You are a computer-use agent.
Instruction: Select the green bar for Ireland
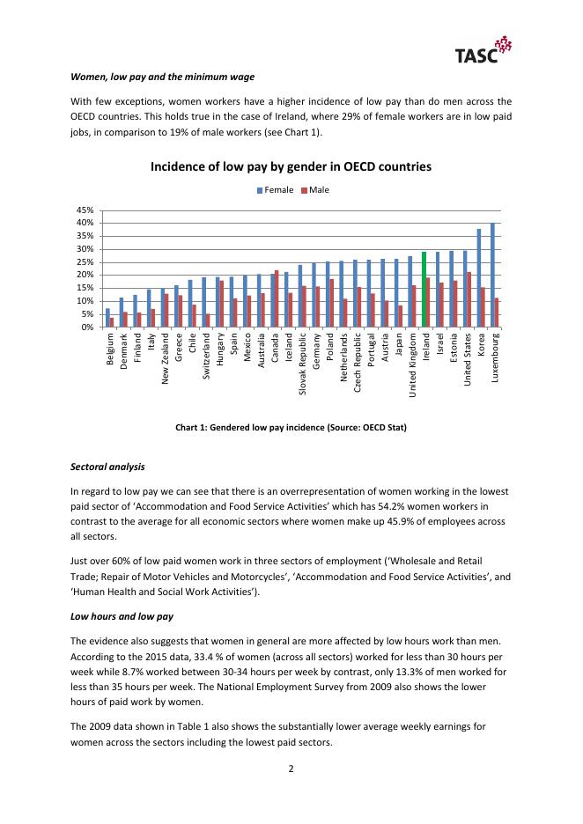pyautogui.click(x=424, y=290)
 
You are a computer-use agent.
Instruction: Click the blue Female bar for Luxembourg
pyautogui.click(x=492, y=275)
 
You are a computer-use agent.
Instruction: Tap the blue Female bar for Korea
pyautogui.click(x=478, y=278)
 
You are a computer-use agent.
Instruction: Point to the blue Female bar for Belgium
pyautogui.click(x=107, y=318)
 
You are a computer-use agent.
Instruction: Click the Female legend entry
pyautogui.click(x=275, y=189)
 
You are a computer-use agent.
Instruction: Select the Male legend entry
pyautogui.click(x=313, y=189)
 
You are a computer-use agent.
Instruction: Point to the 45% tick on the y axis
pyautogui.click(x=85, y=210)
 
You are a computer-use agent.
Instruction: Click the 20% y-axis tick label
pyautogui.click(x=85, y=276)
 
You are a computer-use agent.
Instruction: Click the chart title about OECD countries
pyautogui.click(x=291, y=166)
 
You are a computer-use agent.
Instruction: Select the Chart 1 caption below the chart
pyautogui.click(x=291, y=427)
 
